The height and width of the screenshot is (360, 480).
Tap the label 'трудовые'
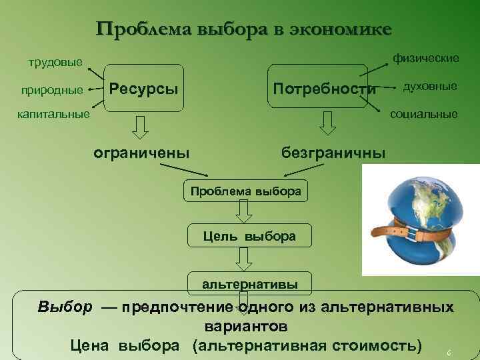click(55, 63)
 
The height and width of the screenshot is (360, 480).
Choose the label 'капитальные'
click(53, 115)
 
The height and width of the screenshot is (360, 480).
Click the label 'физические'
click(425, 59)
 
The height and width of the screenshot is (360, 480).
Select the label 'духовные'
click(429, 87)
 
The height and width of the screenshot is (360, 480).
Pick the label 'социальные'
click(423, 114)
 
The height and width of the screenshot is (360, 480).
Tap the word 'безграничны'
click(333, 153)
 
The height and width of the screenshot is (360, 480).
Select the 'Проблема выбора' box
click(245, 191)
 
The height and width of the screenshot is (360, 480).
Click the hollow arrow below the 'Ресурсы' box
click(141, 125)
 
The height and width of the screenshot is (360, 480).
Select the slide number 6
click(449, 352)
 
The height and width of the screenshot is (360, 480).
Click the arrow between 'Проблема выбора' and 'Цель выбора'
click(245, 213)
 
